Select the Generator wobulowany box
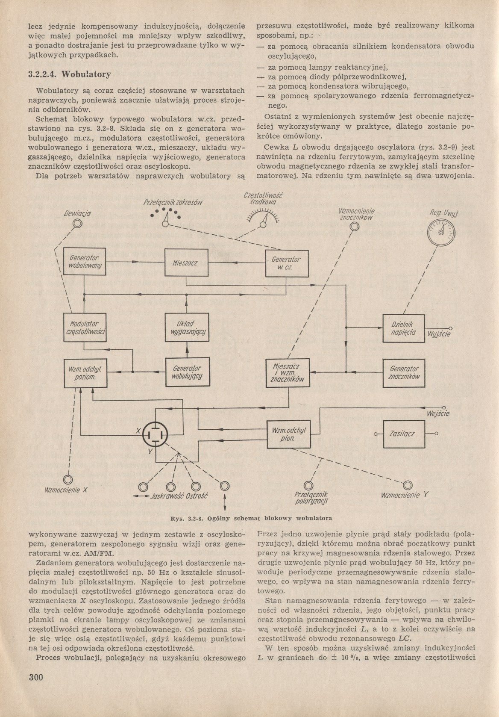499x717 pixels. pos(84,262)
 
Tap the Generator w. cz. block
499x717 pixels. pos(287,263)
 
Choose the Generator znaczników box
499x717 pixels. pos(403,372)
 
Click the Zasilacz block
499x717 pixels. pos(402,434)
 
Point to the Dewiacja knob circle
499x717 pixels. pos(77,223)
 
